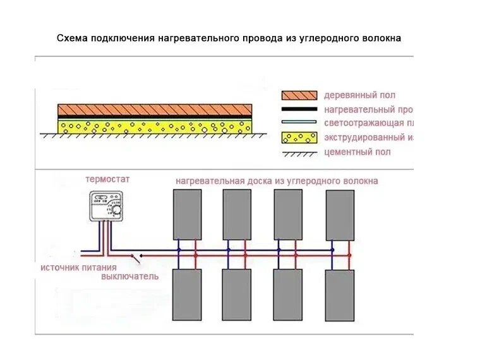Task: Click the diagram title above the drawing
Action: pyautogui.click(x=229, y=39)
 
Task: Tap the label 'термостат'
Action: pyautogui.click(x=107, y=179)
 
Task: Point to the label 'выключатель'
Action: pyautogui.click(x=130, y=277)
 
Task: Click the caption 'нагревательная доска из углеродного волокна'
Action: pyautogui.click(x=277, y=181)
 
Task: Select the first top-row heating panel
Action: pyautogui.click(x=187, y=214)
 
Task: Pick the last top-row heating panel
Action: pyautogui.click(x=340, y=214)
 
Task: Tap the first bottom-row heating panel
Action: pyautogui.click(x=187, y=295)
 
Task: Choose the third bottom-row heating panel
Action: pyautogui.click(x=287, y=295)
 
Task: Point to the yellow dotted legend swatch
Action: pyautogui.click(x=299, y=137)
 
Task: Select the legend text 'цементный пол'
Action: pyautogui.click(x=357, y=152)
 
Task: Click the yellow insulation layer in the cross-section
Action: pyautogui.click(x=155, y=126)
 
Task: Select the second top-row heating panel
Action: pyautogui.click(x=237, y=214)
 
